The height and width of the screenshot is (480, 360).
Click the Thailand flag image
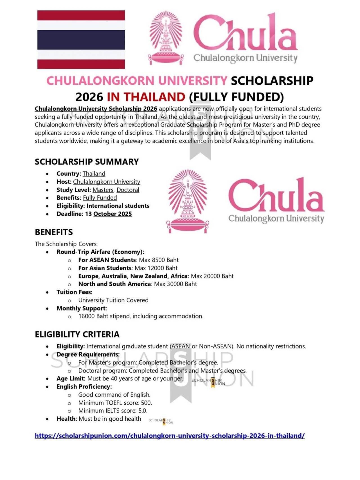[x=81, y=40]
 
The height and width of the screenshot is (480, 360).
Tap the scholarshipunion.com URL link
[x=170, y=436]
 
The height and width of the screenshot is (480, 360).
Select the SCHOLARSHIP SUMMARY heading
[x=87, y=162]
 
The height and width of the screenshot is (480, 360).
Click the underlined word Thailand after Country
[x=94, y=174]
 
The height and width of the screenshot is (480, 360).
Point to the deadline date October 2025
[x=112, y=214]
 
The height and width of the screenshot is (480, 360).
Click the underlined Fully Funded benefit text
[x=100, y=198]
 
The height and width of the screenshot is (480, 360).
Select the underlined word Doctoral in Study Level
[x=128, y=190]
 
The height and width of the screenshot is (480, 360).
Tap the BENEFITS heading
[x=54, y=232]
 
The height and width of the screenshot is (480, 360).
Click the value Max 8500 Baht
[x=159, y=260]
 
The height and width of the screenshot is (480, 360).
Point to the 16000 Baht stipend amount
[x=93, y=316]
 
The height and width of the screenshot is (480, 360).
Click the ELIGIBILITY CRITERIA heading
[x=77, y=334]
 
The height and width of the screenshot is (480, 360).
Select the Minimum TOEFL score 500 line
[x=115, y=403]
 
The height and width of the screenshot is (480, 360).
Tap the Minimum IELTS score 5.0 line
[x=113, y=411]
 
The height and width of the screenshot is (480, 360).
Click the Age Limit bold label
[x=71, y=379]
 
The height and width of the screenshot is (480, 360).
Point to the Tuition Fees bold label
[x=74, y=292]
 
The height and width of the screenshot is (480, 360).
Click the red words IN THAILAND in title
[x=146, y=97]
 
